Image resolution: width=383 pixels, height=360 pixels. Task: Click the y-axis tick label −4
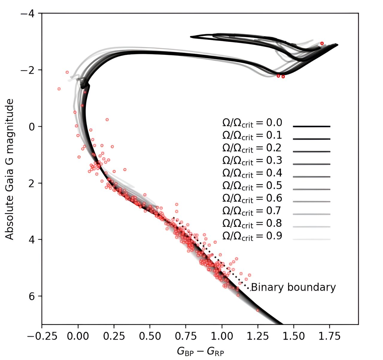coord(29,13)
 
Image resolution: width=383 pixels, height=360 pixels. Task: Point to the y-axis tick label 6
coord(33,296)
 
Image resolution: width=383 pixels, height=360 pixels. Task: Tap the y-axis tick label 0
coord(33,126)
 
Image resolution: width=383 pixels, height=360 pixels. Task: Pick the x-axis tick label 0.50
coord(150,336)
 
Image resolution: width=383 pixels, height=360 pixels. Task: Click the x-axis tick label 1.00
coord(222,336)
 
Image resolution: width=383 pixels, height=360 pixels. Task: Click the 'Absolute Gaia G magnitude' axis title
coord(10,169)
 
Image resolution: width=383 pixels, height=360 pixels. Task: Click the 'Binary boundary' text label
coord(293,287)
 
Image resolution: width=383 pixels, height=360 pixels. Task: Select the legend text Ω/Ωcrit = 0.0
coord(252,123)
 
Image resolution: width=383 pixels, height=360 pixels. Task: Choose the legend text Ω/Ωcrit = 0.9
coord(252,236)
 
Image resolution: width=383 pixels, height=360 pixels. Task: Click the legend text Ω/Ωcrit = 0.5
coord(252,186)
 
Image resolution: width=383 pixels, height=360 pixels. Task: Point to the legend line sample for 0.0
coord(311,127)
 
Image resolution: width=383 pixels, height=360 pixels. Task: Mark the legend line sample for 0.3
coord(311,164)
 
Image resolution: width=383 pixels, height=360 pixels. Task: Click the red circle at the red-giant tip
coord(322,43)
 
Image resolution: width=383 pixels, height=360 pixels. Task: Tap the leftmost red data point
coord(59,89)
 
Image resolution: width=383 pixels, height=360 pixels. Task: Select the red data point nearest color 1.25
coord(258,310)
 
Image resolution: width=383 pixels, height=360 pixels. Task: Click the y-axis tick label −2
coord(29,70)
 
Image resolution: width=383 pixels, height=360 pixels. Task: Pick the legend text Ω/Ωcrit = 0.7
coord(252,211)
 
